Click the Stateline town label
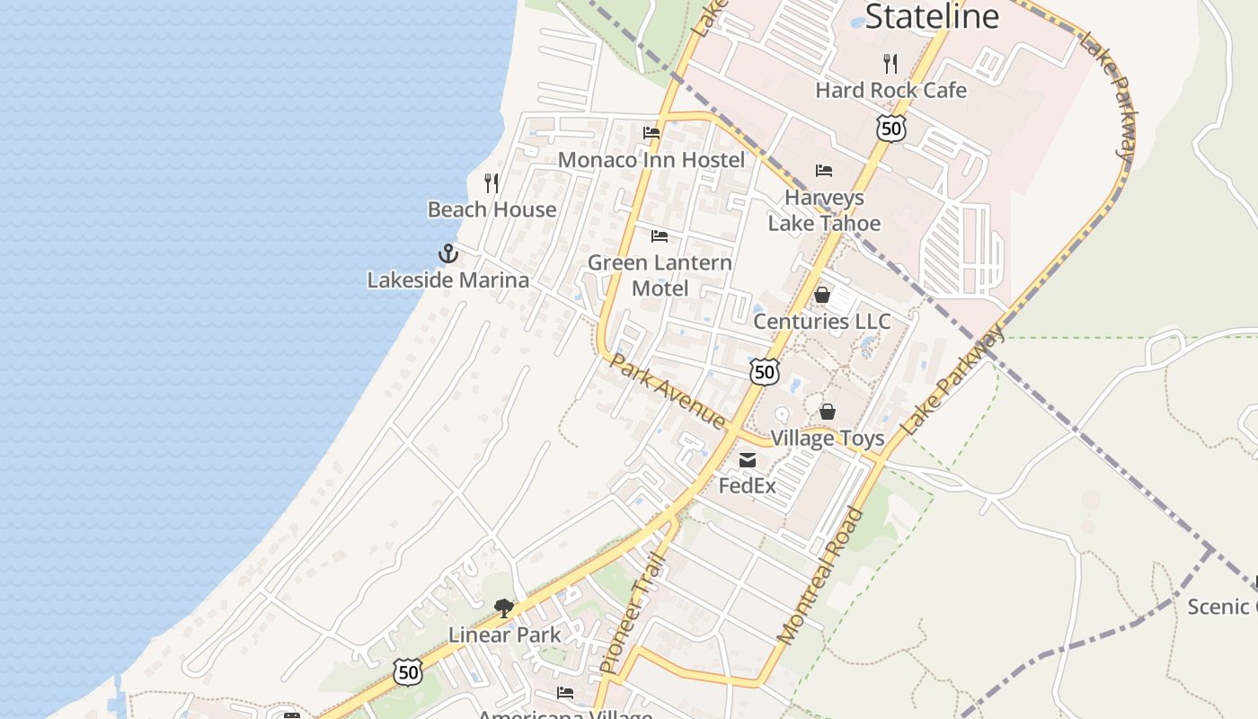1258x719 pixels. (x=932, y=16)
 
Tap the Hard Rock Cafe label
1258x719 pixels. (x=890, y=90)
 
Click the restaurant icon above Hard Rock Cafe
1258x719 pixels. (x=890, y=63)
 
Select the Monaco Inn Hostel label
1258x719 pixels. (x=651, y=160)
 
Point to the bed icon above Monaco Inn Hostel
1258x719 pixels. (x=651, y=133)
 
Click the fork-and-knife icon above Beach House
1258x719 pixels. (x=492, y=183)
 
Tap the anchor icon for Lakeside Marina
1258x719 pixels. (x=448, y=253)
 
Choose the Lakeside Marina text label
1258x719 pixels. (x=448, y=280)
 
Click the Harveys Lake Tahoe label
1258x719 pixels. (x=824, y=210)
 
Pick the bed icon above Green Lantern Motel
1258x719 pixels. (x=660, y=236)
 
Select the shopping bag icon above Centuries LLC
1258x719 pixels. (x=821, y=295)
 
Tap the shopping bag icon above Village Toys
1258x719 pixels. (x=828, y=412)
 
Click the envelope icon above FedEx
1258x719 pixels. (x=748, y=460)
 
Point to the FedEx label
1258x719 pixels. (x=748, y=486)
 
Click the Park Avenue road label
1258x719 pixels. (x=668, y=390)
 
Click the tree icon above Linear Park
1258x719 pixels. (x=504, y=608)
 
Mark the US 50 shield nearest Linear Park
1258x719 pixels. (x=408, y=670)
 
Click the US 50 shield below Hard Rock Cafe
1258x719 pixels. (x=890, y=129)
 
